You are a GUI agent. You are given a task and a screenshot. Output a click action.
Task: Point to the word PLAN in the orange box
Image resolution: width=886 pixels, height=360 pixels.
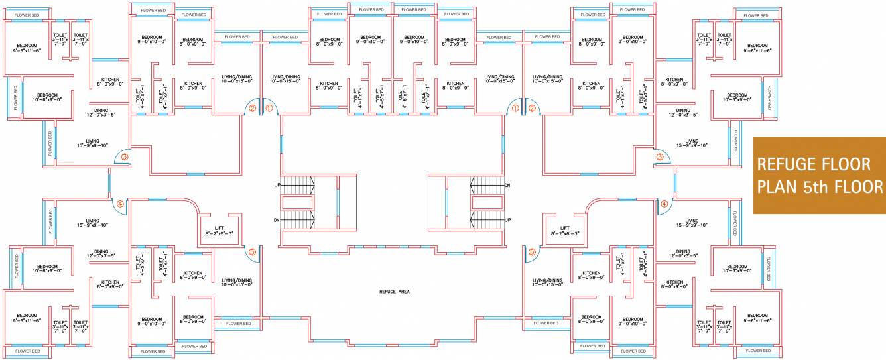click(x=775, y=186)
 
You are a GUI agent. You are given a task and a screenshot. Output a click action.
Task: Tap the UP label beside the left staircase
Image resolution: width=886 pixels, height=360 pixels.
click(x=277, y=184)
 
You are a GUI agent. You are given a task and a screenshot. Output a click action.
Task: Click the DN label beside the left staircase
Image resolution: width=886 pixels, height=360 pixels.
click(x=277, y=219)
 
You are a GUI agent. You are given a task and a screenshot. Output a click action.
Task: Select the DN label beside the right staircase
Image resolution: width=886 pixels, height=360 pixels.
click(x=508, y=185)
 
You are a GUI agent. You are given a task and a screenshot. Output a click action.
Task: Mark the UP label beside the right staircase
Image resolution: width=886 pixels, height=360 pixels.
click(x=508, y=219)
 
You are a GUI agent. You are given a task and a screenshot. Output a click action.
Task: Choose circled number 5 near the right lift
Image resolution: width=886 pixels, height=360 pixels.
click(x=532, y=252)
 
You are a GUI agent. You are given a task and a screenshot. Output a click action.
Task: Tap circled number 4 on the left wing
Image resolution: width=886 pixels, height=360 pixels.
click(x=120, y=204)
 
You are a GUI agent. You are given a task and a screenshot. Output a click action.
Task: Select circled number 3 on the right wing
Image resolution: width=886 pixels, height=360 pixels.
click(x=660, y=157)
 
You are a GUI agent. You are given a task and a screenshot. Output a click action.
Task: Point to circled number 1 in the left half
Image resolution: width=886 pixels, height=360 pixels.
click(x=269, y=107)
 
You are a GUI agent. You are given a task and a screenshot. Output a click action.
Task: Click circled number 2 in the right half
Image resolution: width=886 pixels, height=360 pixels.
click(x=531, y=107)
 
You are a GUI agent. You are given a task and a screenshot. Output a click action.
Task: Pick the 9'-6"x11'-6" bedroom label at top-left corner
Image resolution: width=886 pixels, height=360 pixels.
click(x=27, y=48)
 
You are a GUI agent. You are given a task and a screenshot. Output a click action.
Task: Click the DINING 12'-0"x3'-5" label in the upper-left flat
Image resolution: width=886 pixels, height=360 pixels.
click(x=101, y=113)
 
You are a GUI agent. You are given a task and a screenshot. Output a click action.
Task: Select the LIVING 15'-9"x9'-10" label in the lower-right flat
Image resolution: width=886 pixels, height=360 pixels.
click(x=692, y=223)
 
